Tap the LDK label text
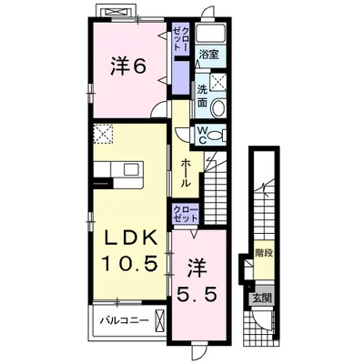click(131, 238)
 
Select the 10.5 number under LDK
click(130, 263)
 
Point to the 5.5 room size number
click(197, 294)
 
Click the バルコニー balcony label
click(125, 320)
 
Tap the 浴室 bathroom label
click(209, 55)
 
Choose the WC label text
click(202, 135)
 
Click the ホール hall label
click(186, 173)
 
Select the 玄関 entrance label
click(261, 298)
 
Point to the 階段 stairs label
click(264, 253)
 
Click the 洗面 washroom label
click(202, 96)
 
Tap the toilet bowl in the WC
click(217, 135)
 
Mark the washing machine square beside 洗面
click(218, 81)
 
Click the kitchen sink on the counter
click(132, 169)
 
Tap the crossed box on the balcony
click(159, 320)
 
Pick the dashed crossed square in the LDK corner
click(103, 134)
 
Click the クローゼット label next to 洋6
click(180, 39)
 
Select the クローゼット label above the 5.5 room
click(186, 214)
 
